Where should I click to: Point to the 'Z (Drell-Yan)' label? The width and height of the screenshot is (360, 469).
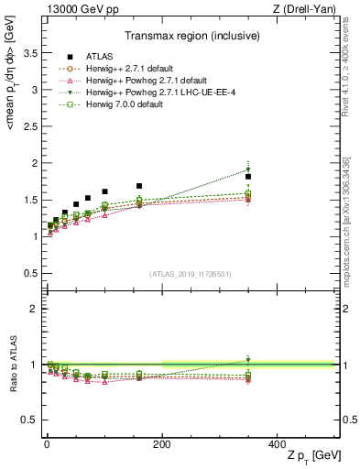coord(311,8)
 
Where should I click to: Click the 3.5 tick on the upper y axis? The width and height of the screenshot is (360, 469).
coord(29,54)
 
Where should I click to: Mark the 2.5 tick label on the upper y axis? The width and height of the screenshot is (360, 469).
coord(29,127)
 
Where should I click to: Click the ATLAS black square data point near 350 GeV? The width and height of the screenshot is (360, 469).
coord(248,177)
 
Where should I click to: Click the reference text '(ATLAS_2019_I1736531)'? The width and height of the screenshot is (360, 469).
coord(189,273)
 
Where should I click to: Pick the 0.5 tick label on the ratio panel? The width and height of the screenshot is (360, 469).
coord(29,420)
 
